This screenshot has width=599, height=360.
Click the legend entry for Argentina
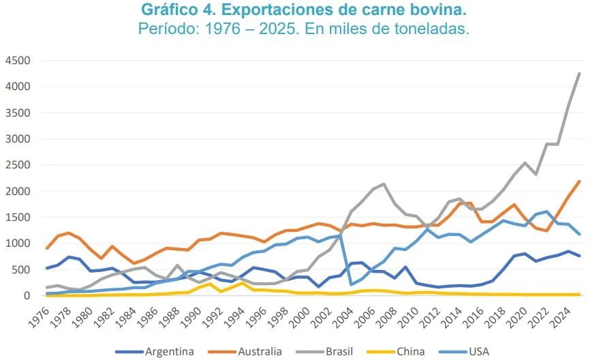tap(168, 352)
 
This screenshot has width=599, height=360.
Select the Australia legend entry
tap(259, 352)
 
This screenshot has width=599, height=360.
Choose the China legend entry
tap(410, 352)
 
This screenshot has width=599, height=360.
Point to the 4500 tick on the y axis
tap(17, 61)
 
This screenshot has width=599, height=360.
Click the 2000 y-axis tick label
tap(17, 192)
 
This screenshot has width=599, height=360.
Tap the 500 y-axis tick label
tap(20, 270)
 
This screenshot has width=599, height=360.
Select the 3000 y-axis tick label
tap(17, 139)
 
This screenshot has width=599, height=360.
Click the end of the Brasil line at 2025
tap(579, 73)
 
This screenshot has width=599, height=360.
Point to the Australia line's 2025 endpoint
tap(579, 181)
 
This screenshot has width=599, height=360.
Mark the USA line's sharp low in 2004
tap(352, 284)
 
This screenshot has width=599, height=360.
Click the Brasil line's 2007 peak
tap(384, 184)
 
